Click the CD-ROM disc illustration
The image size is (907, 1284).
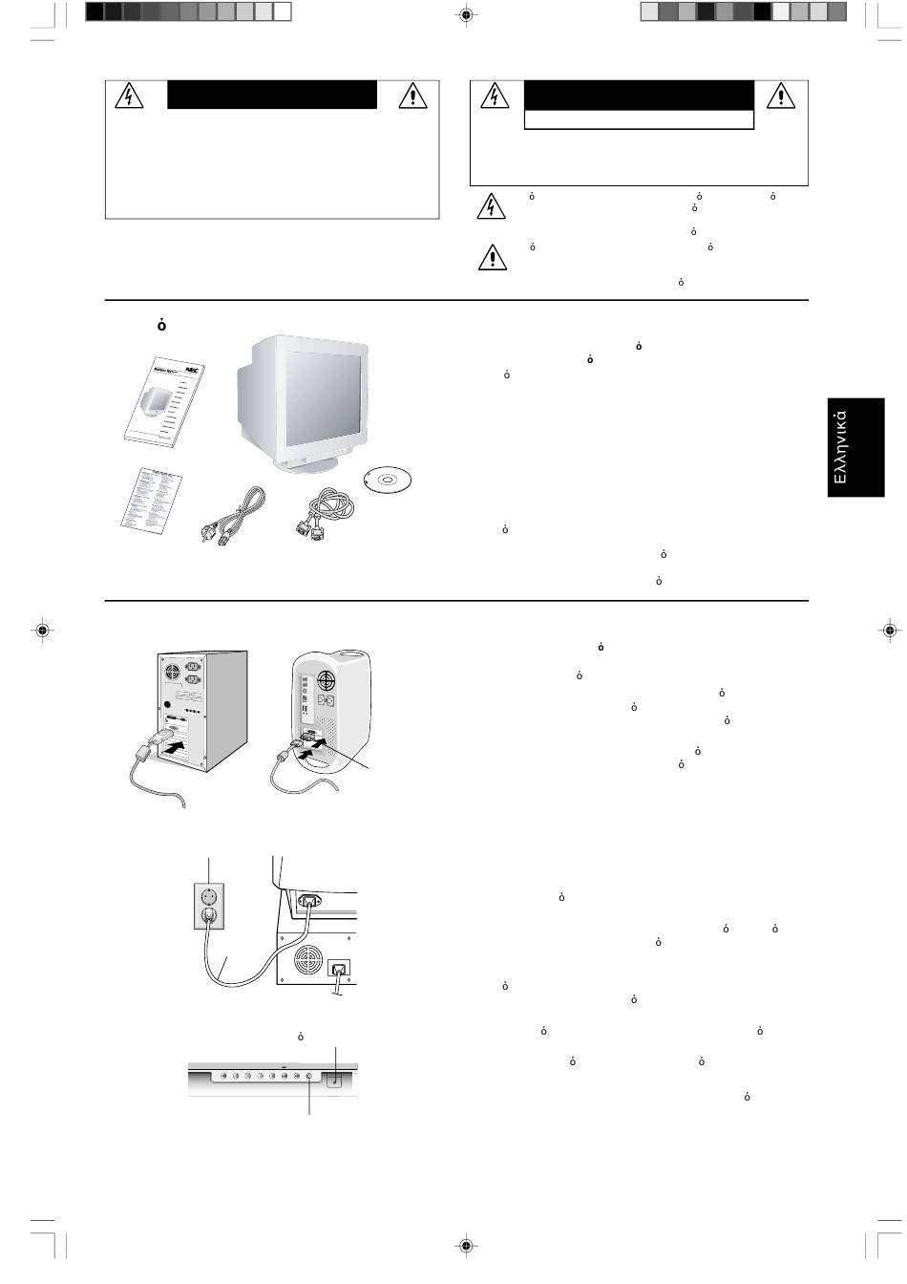pyautogui.click(x=390, y=481)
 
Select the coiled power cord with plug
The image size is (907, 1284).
pyautogui.click(x=228, y=519)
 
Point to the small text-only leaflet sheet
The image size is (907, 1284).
pyautogui.click(x=152, y=499)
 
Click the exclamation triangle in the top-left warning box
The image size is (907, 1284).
pyautogui.click(x=411, y=96)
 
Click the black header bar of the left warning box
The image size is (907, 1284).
pyautogui.click(x=272, y=95)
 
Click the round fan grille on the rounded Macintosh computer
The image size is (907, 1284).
pyautogui.click(x=327, y=683)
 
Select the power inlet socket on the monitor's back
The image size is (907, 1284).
pyautogui.click(x=310, y=899)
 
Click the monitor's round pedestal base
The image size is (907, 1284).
pyautogui.click(x=306, y=464)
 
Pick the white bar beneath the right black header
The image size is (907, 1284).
pyautogui.click(x=639, y=119)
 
